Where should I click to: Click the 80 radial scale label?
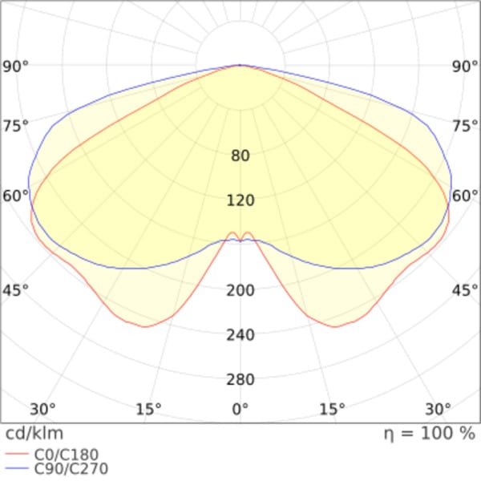pos(240,156)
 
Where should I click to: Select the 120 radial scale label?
pos(240,200)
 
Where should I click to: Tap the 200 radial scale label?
pos(240,290)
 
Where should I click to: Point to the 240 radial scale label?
pos(240,335)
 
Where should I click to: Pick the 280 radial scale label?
pos(240,380)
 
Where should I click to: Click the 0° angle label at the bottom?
pos(240,409)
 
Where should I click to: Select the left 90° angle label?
pos(15,67)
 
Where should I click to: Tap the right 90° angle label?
pos(465,67)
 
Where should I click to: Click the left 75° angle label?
pos(15,126)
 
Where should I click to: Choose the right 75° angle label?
pos(465,126)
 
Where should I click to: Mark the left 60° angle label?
pos(15,196)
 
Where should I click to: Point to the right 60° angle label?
pos(465,196)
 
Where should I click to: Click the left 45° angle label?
pos(15,290)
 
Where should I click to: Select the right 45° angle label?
pos(465,290)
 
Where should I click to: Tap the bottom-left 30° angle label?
pos(42,409)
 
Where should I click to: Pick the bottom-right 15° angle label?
pos(332,409)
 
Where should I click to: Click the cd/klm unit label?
pos(34,434)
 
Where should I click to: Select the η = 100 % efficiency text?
pos(430,434)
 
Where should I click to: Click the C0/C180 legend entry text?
pos(67,455)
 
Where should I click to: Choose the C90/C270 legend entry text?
pos(71,469)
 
